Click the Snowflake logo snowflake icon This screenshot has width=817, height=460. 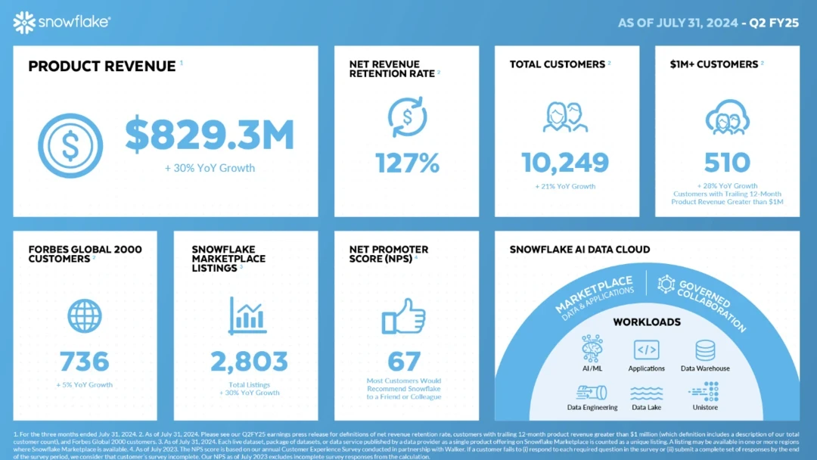(x=24, y=23)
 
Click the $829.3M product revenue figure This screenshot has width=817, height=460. (x=210, y=135)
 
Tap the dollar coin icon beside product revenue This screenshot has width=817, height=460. (x=70, y=146)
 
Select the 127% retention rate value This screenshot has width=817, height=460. (x=407, y=163)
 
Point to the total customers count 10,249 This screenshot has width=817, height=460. (x=565, y=162)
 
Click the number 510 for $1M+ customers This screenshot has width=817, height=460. (x=727, y=162)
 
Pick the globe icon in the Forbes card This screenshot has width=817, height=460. (x=85, y=315)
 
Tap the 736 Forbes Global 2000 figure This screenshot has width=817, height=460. (x=85, y=361)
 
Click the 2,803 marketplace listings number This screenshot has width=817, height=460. (x=249, y=361)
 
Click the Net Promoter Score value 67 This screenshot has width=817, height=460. (x=404, y=360)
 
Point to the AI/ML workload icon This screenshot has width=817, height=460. (x=592, y=350)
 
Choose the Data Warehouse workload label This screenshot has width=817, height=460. (x=705, y=368)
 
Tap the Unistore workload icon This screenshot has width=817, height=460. (x=704, y=390)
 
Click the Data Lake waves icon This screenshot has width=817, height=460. (x=646, y=393)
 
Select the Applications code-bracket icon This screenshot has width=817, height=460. (x=646, y=350)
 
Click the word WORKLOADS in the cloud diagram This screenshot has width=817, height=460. (x=646, y=322)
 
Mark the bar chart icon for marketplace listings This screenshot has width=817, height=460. (x=247, y=315)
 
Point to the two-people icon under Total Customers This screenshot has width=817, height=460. (x=565, y=117)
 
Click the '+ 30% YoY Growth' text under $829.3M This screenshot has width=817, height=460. (x=210, y=168)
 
